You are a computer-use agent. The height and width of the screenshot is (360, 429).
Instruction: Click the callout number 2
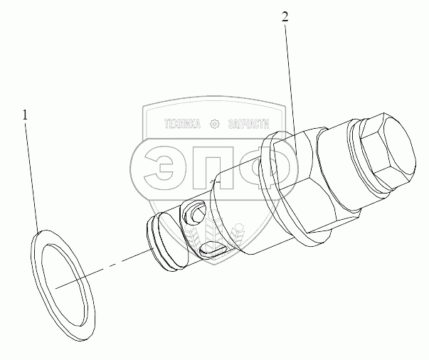(x=285, y=18)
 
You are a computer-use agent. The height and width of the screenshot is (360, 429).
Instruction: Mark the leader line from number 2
(x=290, y=78)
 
